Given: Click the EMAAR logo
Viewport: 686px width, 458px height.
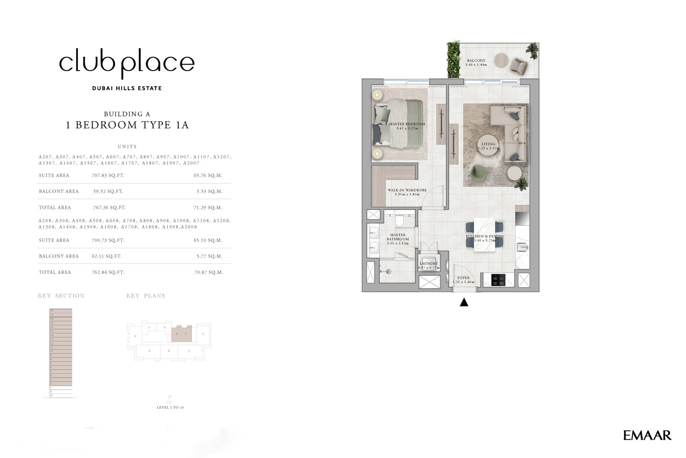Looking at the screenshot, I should tap(647, 435).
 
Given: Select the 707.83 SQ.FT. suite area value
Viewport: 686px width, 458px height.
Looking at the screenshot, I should tap(108, 175).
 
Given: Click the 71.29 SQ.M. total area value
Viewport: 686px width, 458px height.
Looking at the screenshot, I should tap(208, 207).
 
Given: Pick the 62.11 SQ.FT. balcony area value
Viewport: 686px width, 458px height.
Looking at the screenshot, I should tap(107, 256).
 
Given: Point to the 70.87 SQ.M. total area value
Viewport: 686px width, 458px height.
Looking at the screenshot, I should tap(209, 272).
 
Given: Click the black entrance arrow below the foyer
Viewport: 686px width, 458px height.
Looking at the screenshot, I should tap(464, 302).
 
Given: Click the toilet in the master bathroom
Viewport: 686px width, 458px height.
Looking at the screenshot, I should tap(399, 222).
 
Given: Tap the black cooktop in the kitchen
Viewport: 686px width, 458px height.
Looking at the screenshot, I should tap(498, 279).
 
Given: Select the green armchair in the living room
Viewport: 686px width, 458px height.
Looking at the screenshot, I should tap(479, 173).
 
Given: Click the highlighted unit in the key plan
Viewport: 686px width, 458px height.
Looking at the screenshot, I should tap(181, 334).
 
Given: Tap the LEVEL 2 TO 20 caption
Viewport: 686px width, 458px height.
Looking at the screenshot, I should tap(170, 407).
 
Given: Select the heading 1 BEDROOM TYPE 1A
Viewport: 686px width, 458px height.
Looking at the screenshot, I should tap(127, 125).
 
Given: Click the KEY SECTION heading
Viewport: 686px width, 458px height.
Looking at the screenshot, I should tap(61, 296).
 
